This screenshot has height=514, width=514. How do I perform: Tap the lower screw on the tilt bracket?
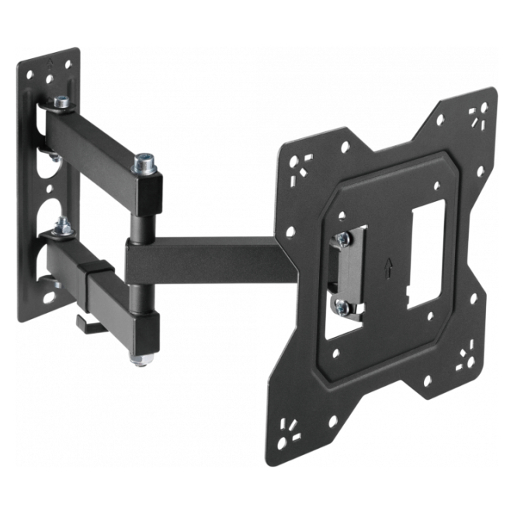[x=342, y=305]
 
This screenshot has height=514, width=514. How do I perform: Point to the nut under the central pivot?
[x=140, y=359]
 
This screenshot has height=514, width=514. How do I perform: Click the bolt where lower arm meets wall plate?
[x=62, y=227]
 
